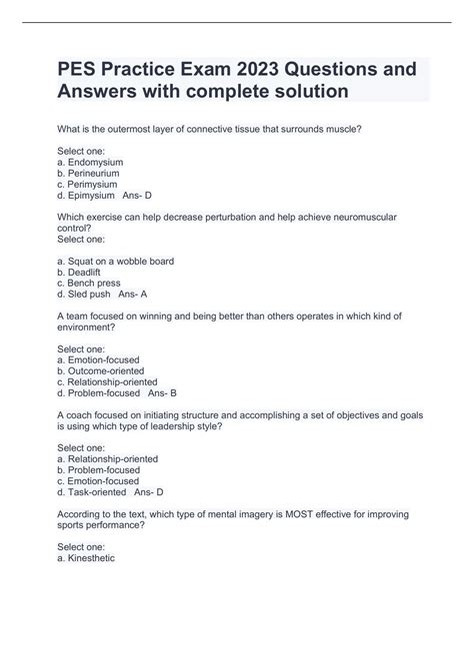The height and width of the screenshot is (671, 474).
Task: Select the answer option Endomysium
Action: [x=95, y=162]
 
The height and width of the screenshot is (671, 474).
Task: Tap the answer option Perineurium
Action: [x=94, y=174]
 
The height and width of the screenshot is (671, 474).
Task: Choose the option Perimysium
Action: [x=93, y=185]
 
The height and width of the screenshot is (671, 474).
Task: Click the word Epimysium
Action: [x=92, y=197]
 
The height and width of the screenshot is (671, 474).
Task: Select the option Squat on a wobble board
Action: [x=121, y=262]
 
